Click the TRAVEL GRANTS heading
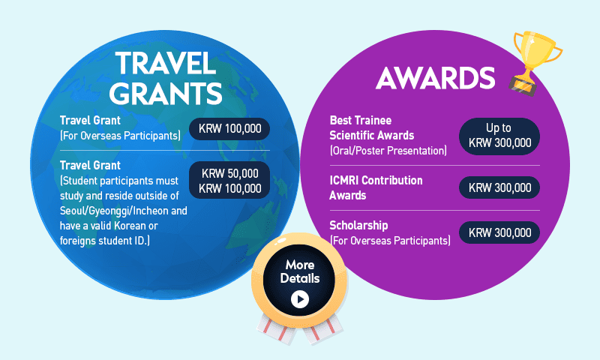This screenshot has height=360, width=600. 166,78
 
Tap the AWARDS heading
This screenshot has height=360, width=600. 436,78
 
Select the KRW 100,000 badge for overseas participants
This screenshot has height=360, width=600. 229,129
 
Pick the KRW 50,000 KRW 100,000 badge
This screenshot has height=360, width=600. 229,180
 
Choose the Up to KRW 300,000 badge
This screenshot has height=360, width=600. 499,136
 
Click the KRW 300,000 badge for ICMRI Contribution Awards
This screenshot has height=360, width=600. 499,187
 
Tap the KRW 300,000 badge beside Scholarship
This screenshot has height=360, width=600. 499,232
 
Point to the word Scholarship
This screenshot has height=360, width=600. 358,226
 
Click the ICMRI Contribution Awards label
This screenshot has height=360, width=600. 376,187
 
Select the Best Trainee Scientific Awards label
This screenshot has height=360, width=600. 371,127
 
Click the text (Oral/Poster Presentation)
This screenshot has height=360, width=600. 388,151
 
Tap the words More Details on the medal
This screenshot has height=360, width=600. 299,271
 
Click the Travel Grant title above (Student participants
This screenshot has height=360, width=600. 90,165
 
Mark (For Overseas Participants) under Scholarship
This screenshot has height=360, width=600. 390,241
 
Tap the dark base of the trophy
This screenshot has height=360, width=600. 523,85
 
